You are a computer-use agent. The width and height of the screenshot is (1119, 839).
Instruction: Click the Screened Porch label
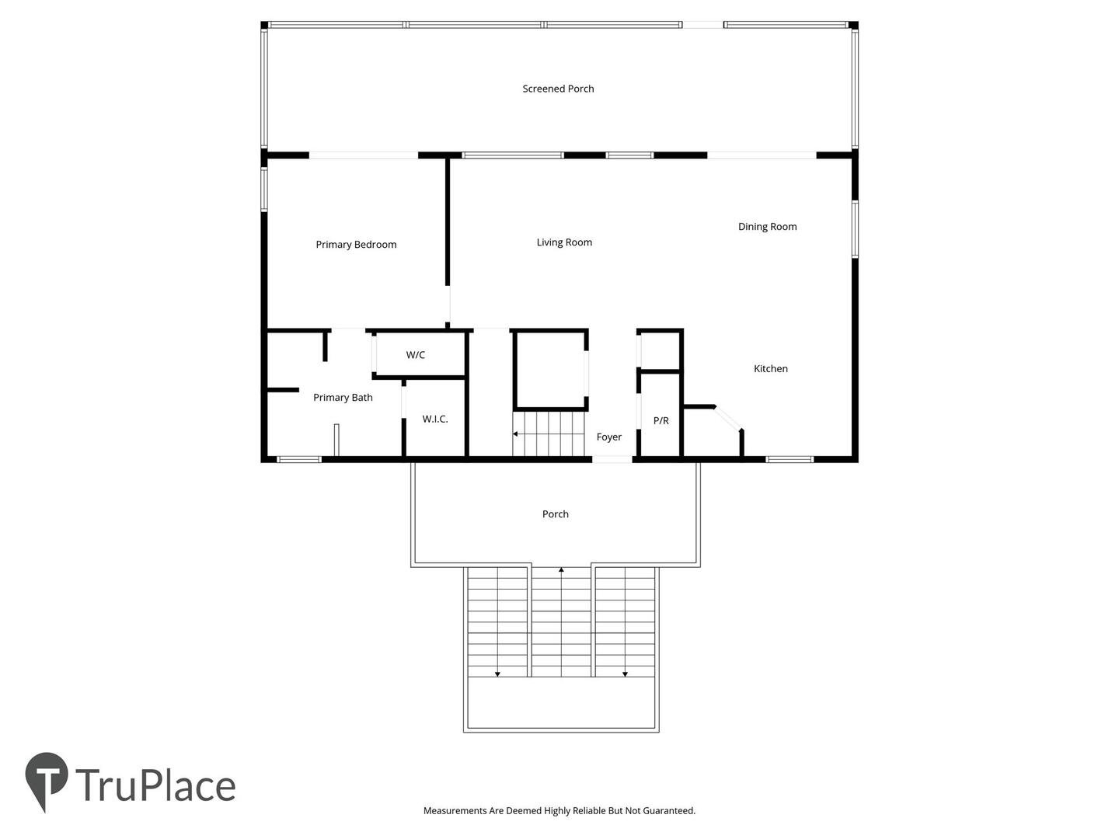click(x=558, y=89)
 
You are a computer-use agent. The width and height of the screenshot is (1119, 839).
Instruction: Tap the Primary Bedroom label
click(x=356, y=245)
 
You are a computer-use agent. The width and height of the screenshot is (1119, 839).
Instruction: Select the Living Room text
click(x=564, y=242)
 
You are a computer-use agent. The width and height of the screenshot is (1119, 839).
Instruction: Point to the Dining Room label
click(x=767, y=227)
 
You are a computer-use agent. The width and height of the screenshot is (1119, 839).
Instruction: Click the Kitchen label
click(x=770, y=368)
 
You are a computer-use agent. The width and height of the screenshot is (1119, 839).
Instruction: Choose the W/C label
click(x=415, y=355)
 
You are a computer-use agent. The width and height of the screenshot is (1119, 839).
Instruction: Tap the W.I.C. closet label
click(x=435, y=419)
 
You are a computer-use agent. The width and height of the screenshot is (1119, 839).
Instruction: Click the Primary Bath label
click(x=343, y=397)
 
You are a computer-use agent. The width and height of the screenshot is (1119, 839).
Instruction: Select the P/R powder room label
click(x=661, y=421)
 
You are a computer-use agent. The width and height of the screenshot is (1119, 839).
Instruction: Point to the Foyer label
click(x=608, y=437)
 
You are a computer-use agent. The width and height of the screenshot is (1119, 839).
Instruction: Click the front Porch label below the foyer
click(x=555, y=514)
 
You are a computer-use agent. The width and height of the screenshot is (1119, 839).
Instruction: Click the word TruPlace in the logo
click(x=155, y=785)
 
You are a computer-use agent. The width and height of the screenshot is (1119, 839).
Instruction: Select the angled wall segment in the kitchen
click(x=728, y=418)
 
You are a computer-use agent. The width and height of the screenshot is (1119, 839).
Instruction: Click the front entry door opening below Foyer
click(x=612, y=459)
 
